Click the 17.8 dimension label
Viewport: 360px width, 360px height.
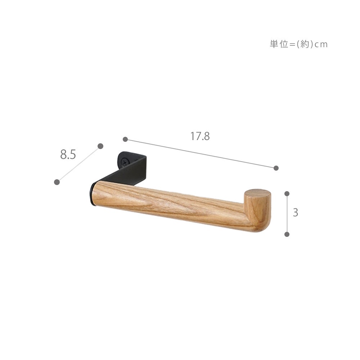[200, 136]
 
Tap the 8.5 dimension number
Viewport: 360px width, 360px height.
[68, 154]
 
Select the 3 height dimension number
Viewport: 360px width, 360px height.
[296, 213]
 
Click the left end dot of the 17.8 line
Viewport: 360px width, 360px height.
[125, 139]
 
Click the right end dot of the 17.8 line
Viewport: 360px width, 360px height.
[276, 168]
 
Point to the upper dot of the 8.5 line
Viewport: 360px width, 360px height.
[100, 146]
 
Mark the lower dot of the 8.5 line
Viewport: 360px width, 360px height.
[57, 182]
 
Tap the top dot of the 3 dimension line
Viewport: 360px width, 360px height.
[287, 194]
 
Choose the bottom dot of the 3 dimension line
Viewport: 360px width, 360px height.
[287, 234]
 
